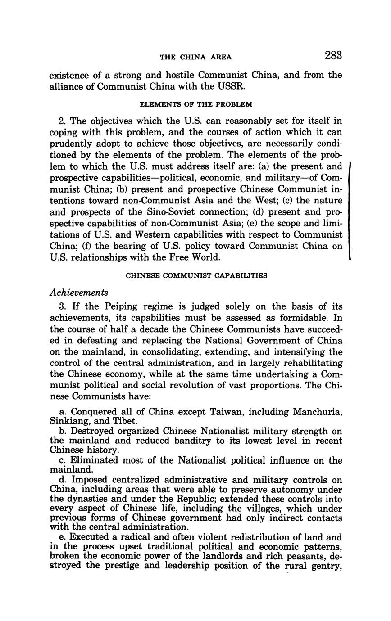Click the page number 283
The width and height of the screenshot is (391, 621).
(x=332, y=55)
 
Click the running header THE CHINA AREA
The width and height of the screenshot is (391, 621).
(x=196, y=57)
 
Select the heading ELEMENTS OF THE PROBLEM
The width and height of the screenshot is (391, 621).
(x=196, y=104)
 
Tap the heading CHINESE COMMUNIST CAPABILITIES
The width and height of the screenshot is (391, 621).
(x=196, y=275)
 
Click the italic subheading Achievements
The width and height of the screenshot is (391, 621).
(x=79, y=292)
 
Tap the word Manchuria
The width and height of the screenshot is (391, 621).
(x=318, y=412)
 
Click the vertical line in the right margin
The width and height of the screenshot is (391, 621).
(x=350, y=211)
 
